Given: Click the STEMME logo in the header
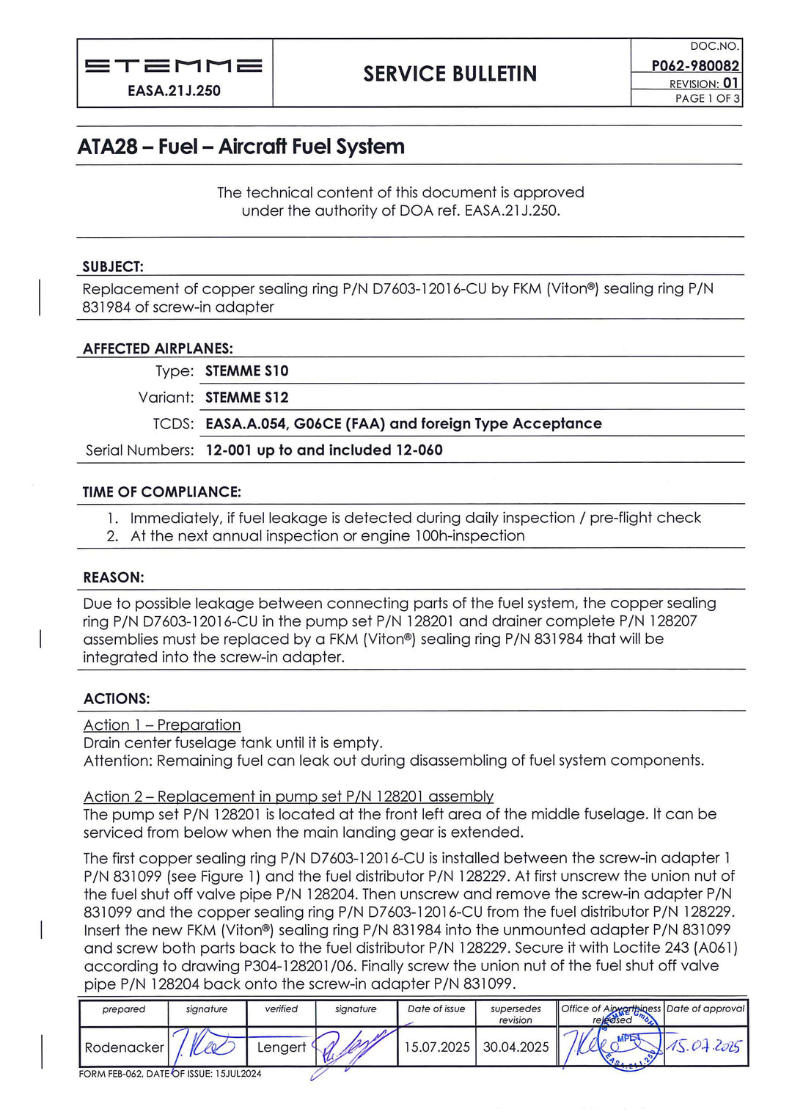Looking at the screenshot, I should pos(174,66).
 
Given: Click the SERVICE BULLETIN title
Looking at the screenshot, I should pos(450,74).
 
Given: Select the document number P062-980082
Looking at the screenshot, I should pos(694,66).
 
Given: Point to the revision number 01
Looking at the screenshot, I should pos(730,83).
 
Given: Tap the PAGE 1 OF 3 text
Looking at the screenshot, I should pos(707,98).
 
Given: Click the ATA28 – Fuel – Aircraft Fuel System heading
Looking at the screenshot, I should pos(241,147).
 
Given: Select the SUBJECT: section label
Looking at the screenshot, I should pos(113,267).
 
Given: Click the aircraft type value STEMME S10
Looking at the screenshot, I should pos(246,371).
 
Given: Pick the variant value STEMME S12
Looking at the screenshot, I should pos(246,398).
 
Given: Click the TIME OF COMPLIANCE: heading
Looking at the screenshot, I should pos(161,492).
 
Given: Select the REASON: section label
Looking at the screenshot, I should pos(114,578).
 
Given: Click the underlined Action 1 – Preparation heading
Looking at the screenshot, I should pos(162,725).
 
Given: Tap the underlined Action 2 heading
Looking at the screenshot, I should pos(288,797).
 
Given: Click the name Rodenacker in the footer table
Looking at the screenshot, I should pos(124,1047).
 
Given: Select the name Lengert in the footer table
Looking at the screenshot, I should pos(281,1047).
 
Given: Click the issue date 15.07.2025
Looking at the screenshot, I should pos(436,1047).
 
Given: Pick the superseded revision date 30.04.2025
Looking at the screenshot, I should pos(516,1047).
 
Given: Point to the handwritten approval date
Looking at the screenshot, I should pos(705,1045).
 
